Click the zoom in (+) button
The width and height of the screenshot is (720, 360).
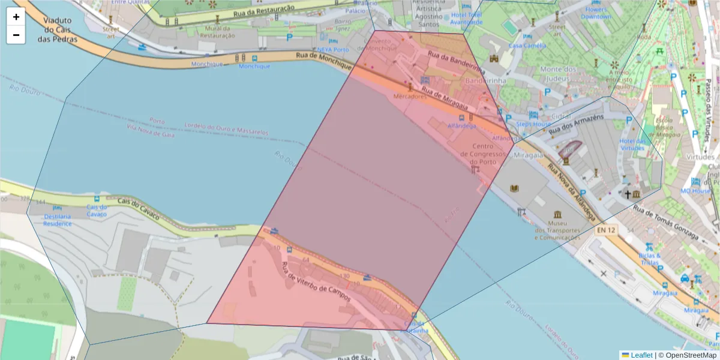pyautogui.click(x=16, y=17)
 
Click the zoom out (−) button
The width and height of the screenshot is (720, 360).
pyautogui.click(x=16, y=35)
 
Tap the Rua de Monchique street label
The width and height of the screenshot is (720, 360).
pyautogui.click(x=323, y=59)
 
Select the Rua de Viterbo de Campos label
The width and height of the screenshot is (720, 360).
pyautogui.click(x=316, y=281)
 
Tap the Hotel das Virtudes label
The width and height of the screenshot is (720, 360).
pyautogui.click(x=632, y=145)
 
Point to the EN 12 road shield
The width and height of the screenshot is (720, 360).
pyautogui.click(x=606, y=229)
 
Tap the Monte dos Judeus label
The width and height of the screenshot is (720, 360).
pyautogui.click(x=558, y=73)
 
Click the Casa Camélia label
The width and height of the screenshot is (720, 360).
pyautogui.click(x=527, y=45)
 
